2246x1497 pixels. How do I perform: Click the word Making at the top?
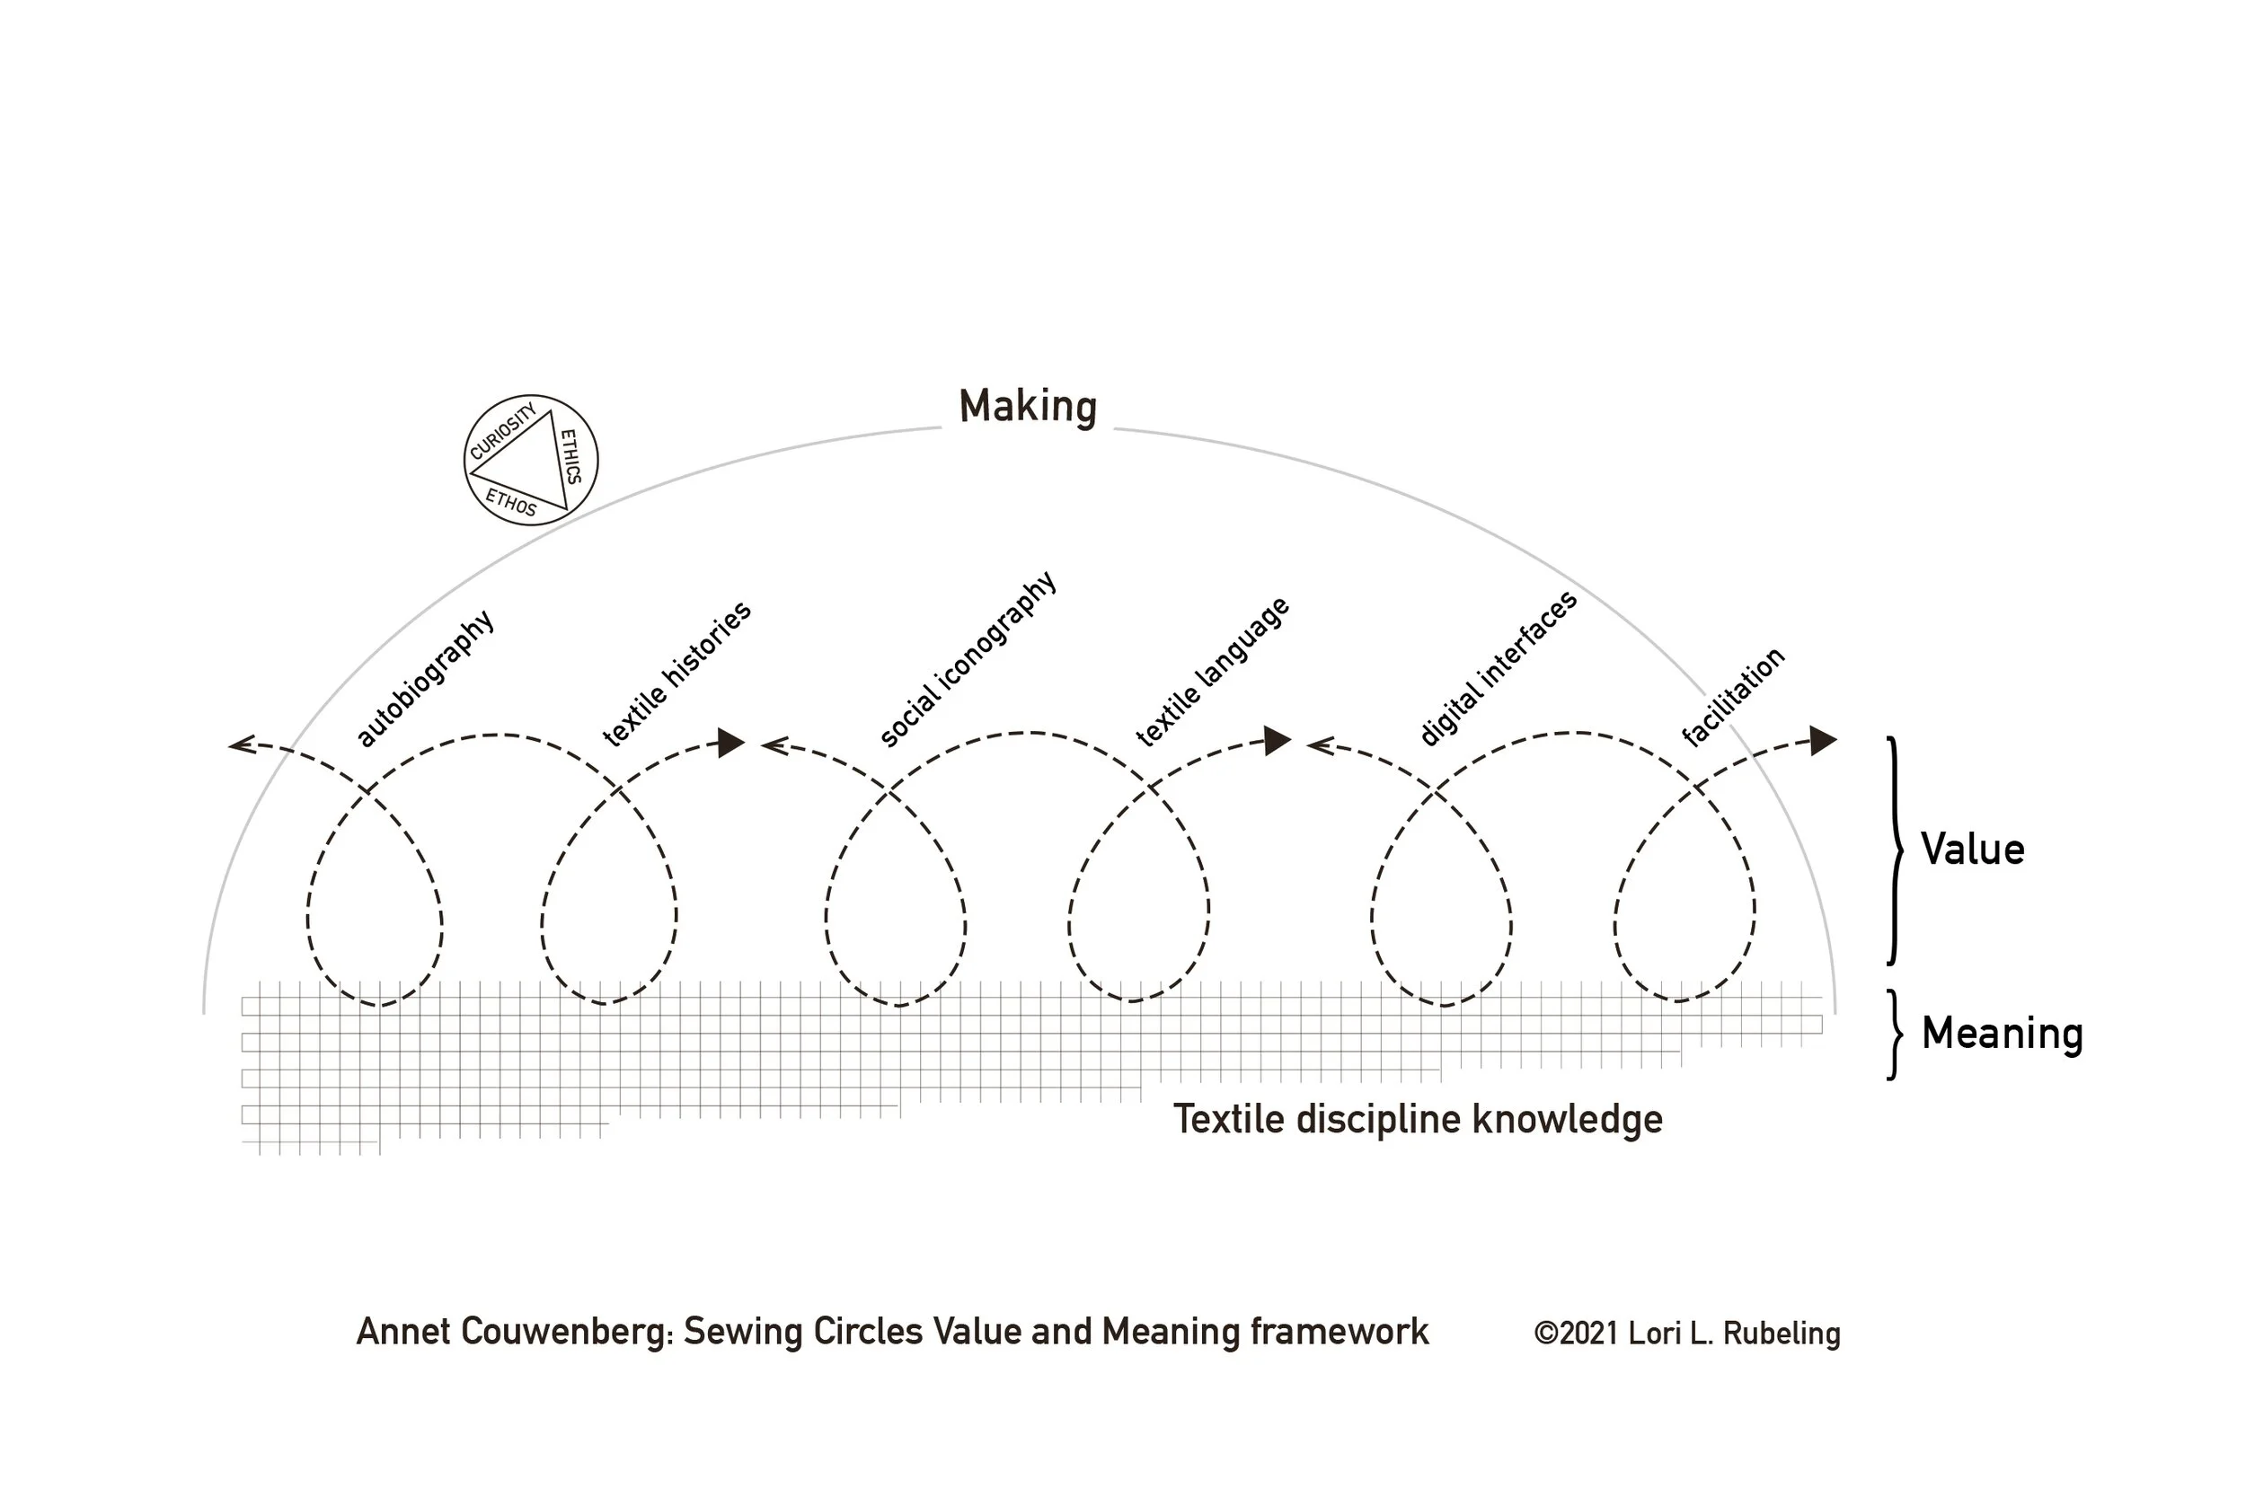pos(1028,407)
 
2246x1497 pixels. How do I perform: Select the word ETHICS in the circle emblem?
pos(570,456)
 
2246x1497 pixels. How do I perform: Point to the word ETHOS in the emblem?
pos(511,502)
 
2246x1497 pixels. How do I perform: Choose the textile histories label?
pos(677,674)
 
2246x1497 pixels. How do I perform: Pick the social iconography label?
pos(968,659)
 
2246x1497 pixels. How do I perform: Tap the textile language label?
pos(1213,671)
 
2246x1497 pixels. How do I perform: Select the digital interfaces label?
pos(1498,668)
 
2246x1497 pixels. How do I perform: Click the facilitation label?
pos(1732,697)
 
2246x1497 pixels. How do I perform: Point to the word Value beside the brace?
pos(1972,850)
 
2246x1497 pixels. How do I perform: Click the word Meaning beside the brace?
pos(2002,1034)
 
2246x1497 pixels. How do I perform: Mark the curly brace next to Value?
pos(1895,850)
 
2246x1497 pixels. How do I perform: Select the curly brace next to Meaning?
pos(1895,1035)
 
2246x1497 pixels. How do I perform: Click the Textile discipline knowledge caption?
pos(1417,1119)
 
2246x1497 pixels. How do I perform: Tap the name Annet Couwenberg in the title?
pos(513,1332)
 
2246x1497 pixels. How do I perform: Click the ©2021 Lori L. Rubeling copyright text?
pos(1686,1334)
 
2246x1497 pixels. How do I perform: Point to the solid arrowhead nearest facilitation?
pos(1823,740)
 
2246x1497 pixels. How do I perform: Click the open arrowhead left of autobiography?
pos(241,744)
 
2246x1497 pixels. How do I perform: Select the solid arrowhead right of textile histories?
pos(731,742)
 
